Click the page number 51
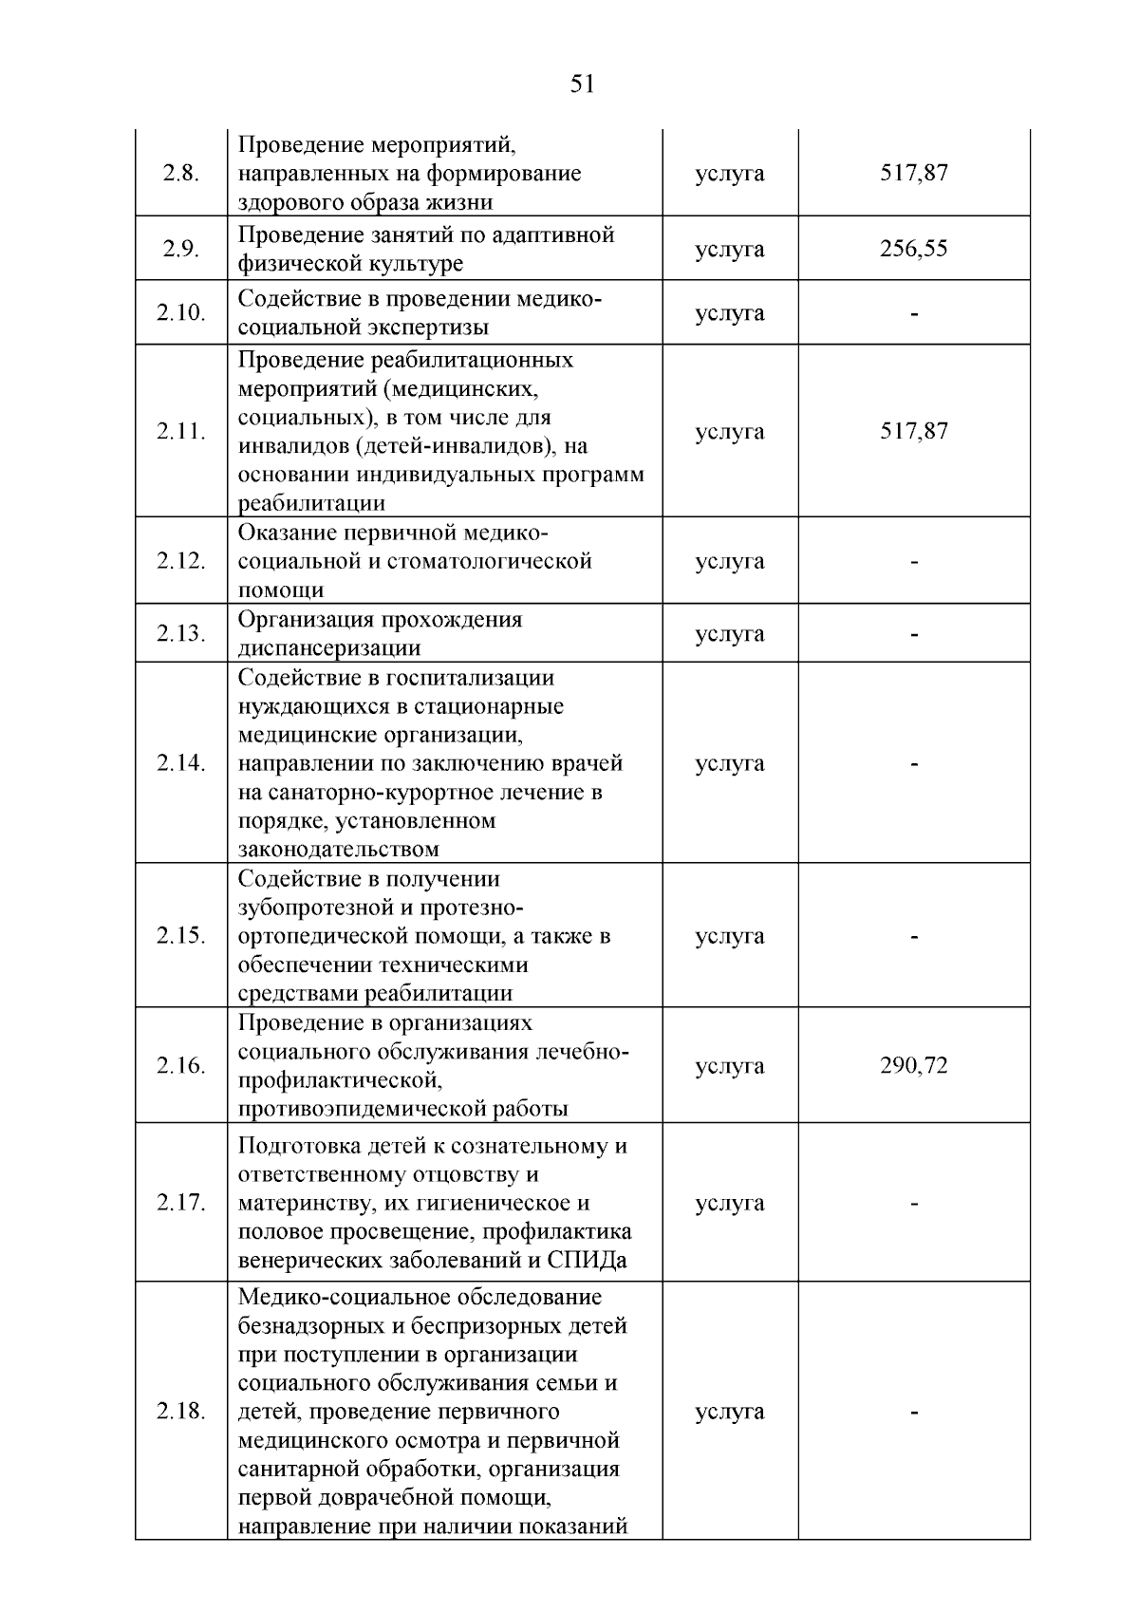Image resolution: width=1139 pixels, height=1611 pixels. tap(582, 84)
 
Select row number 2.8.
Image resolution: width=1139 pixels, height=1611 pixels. tap(180, 174)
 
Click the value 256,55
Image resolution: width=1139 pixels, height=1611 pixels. tap(913, 249)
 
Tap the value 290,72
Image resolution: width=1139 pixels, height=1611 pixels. tap(913, 1065)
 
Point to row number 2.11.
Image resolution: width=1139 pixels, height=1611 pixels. tap(180, 431)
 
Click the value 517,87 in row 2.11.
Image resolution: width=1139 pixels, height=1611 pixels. tap(913, 431)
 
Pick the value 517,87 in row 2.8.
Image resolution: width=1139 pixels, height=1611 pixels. tap(913, 173)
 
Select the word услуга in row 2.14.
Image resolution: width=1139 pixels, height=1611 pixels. tap(729, 763)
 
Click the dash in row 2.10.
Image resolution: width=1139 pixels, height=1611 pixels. tap(913, 313)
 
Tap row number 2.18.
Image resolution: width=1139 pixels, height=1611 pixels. tap(180, 1411)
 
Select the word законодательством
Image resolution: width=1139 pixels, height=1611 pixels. tap(338, 849)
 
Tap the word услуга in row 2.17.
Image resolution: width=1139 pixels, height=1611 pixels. tap(729, 1203)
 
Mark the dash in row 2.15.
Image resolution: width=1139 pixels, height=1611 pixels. tap(913, 937)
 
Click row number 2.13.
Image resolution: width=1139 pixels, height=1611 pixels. tap(180, 633)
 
